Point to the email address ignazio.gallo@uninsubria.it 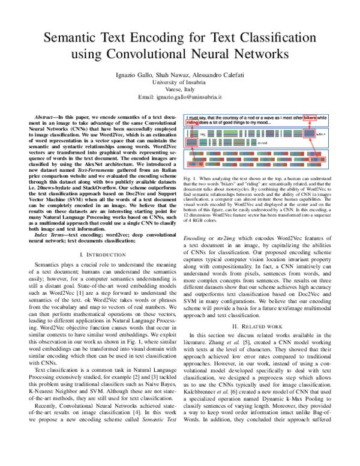click(179, 96)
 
